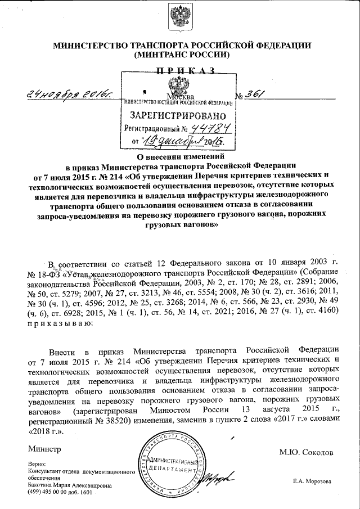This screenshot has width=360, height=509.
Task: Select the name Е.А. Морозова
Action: tap(312, 481)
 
